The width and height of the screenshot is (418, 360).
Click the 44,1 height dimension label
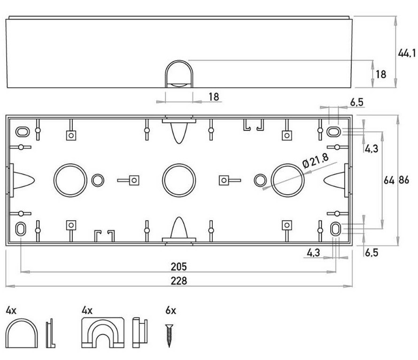[x=407, y=54]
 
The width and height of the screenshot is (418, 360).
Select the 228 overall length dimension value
[x=179, y=281]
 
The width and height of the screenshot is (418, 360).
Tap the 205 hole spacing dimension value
[x=179, y=267]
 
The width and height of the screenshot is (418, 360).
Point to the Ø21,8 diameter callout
[x=315, y=161]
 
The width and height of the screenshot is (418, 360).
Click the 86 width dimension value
[x=403, y=180]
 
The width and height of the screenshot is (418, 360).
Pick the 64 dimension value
[x=389, y=180]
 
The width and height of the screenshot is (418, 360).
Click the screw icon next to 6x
[x=169, y=336]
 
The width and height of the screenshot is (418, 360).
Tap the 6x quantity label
[x=170, y=310]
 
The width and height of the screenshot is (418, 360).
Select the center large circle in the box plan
[x=179, y=180]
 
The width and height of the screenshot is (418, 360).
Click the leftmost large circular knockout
[x=70, y=180]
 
